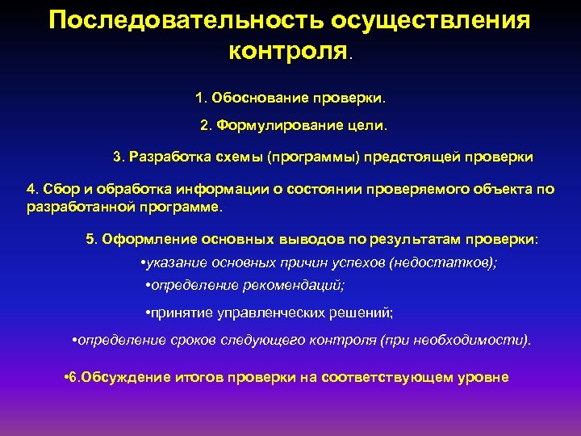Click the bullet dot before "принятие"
tap(142, 312)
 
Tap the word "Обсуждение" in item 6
tap(126, 377)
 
